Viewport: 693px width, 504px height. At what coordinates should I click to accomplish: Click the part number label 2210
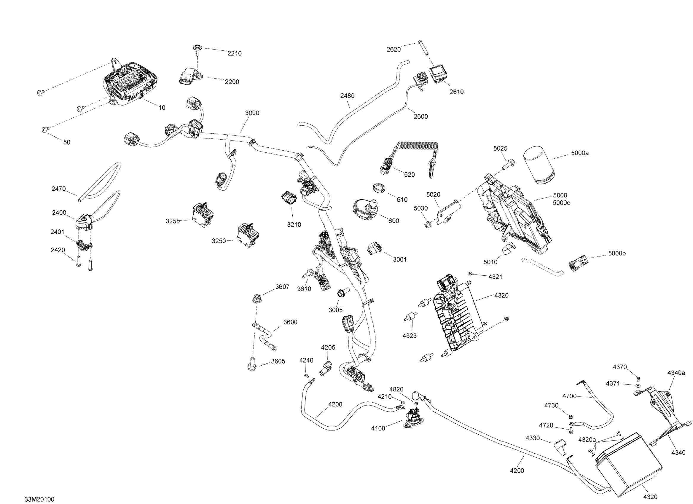pos(234,53)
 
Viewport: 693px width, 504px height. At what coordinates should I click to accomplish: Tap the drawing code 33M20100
pos(39,499)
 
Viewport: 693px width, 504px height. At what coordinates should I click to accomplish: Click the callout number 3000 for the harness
pos(252,113)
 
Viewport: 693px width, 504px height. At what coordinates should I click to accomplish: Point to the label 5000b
pos(617,253)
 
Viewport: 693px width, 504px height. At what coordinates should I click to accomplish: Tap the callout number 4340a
pos(676,373)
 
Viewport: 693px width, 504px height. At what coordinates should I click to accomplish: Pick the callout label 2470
pos(58,189)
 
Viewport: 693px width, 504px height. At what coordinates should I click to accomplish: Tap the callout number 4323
pos(410,336)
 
